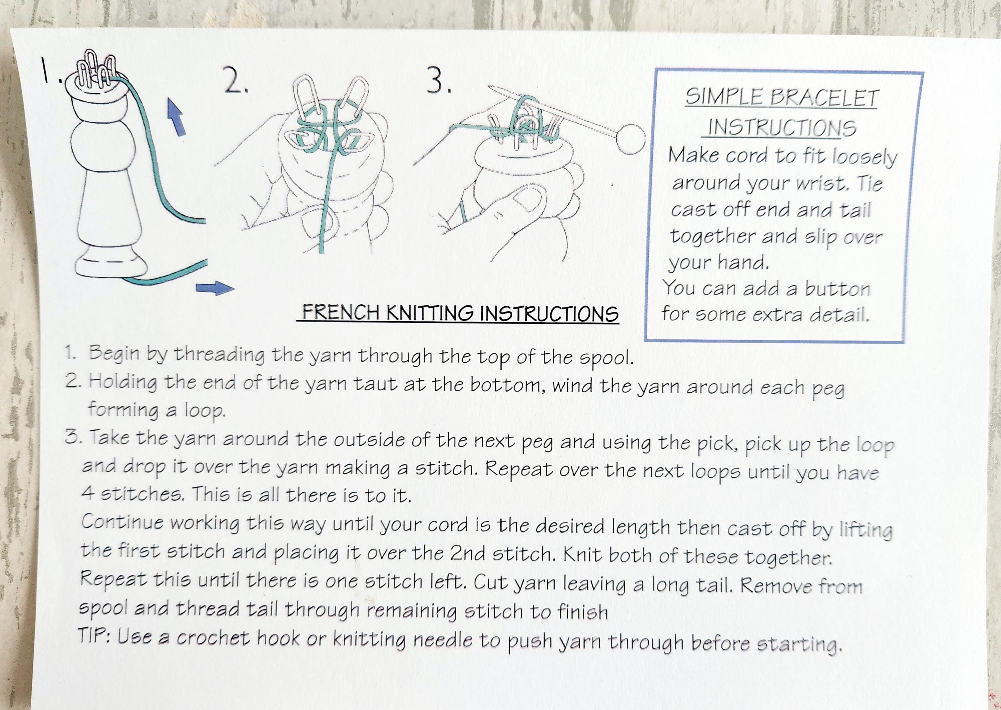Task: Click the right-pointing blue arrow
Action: click(x=215, y=288)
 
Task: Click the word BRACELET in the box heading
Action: click(x=823, y=98)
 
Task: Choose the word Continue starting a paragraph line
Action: click(x=123, y=522)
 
